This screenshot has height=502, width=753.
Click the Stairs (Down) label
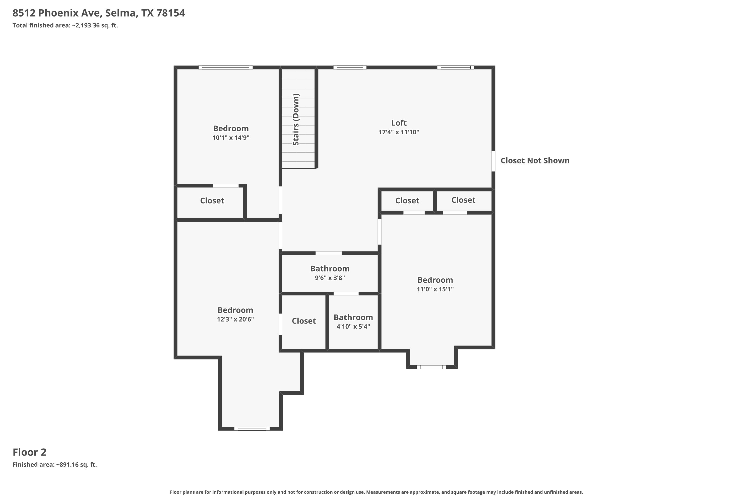(296, 119)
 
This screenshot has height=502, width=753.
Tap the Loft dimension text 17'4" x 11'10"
(399, 132)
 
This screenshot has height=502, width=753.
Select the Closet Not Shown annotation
(535, 161)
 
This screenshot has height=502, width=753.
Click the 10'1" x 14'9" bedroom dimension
(231, 138)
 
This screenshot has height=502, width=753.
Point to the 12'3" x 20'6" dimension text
(235, 319)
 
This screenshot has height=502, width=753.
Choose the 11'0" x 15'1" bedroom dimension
(435, 289)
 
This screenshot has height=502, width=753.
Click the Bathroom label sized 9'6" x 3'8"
(330, 269)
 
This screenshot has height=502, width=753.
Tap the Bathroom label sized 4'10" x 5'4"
(353, 317)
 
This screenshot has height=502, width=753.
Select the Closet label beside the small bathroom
(303, 321)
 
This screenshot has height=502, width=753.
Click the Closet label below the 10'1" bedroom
(212, 201)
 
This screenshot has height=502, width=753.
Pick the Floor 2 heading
(29, 452)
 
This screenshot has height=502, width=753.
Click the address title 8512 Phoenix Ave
(99, 13)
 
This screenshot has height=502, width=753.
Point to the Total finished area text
(65, 25)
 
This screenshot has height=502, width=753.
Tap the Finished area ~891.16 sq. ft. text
(54, 465)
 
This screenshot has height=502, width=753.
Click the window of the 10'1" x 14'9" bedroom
(225, 68)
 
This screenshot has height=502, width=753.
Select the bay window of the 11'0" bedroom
(431, 367)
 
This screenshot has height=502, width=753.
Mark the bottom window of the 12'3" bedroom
(252, 429)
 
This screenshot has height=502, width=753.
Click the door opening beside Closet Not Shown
(493, 161)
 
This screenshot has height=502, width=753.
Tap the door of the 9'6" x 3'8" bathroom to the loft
(329, 253)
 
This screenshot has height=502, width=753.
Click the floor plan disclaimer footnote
(376, 492)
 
